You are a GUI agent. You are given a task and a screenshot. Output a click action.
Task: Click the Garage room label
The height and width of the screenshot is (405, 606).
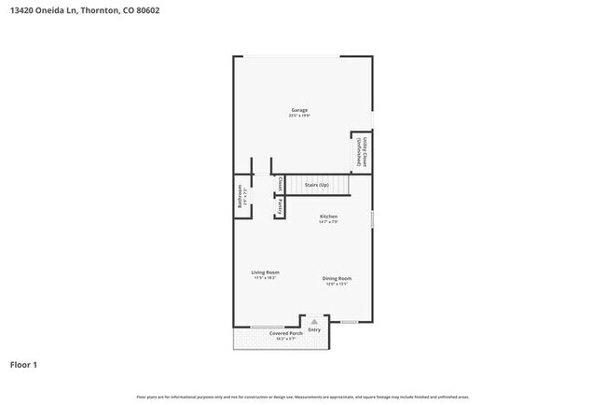(298, 110)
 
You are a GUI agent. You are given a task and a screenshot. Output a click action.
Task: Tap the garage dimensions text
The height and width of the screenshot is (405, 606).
(298, 117)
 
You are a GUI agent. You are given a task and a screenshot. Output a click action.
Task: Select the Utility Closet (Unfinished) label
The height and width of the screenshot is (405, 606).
(362, 152)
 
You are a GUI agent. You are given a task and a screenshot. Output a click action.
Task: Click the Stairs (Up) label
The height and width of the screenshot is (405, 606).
(316, 186)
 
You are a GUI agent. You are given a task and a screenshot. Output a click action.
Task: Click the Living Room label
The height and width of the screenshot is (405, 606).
(266, 272)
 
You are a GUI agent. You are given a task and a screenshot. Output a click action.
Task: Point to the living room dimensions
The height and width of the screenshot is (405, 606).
(266, 278)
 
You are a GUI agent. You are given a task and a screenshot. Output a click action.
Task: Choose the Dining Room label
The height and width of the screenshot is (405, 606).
(337, 278)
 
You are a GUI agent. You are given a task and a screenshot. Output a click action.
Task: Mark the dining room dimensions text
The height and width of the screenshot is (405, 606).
(337, 284)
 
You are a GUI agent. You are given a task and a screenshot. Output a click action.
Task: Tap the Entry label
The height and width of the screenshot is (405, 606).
(314, 329)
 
